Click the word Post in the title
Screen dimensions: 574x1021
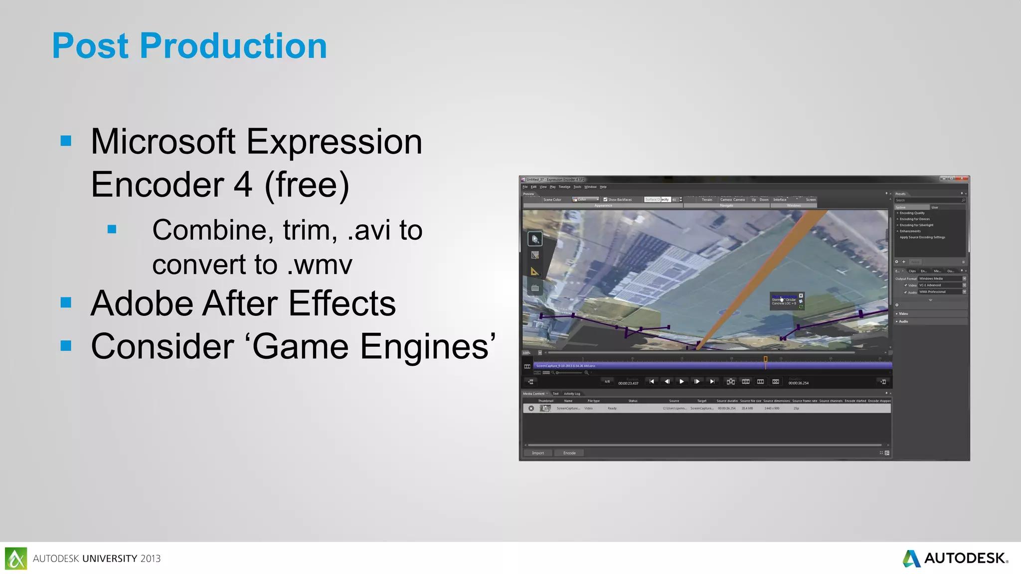[x=90, y=46]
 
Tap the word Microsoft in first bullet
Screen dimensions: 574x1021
[x=163, y=142]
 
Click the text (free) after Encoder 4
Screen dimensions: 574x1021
[x=307, y=185]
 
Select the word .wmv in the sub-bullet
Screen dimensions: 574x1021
[x=320, y=265]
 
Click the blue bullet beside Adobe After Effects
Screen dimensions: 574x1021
[x=66, y=302]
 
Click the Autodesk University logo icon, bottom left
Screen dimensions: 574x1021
[x=16, y=558]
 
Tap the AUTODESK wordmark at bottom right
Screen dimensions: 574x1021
[x=965, y=558]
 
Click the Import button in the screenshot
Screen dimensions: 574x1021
[x=538, y=453]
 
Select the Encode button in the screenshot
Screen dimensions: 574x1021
[x=569, y=453]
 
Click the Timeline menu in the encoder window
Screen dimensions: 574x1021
[x=564, y=187]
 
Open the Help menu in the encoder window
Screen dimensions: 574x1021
[x=603, y=187]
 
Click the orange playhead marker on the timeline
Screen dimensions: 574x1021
[x=766, y=359]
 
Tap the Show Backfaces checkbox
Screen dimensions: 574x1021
[x=605, y=199]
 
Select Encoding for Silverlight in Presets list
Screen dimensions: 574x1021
[x=916, y=225]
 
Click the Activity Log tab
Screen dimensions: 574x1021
[x=572, y=394]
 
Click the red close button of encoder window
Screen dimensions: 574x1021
[x=962, y=178]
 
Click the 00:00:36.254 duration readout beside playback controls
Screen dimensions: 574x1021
[x=798, y=383]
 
